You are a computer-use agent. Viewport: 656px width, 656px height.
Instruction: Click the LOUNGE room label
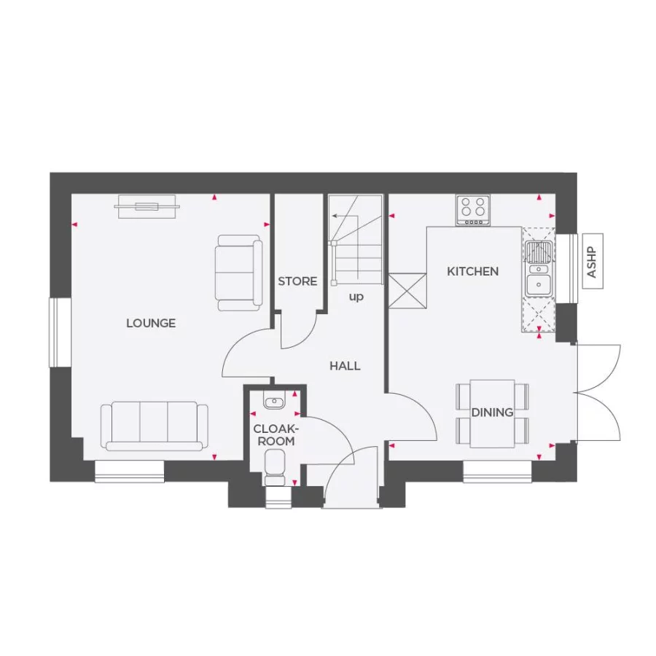point(151,323)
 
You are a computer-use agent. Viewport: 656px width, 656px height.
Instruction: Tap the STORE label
point(297,281)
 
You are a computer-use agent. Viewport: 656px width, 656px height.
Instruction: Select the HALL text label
point(345,366)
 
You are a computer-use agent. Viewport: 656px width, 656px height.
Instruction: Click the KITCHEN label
point(472,271)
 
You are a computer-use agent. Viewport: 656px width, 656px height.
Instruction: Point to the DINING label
point(492,413)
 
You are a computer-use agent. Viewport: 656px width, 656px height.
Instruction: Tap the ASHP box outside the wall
point(591,262)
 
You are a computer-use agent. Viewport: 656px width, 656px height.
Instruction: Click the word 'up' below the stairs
point(356,297)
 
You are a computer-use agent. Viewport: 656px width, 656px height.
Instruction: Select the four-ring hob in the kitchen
point(473,210)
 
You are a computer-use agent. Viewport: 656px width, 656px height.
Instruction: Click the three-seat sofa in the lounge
point(154,426)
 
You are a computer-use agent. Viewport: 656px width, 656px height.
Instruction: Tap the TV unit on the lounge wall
point(147,206)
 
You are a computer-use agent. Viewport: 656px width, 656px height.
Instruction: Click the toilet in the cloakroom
point(276,467)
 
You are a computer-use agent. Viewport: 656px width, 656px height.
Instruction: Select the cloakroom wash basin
point(275,402)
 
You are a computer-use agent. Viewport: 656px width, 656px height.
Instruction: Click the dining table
point(492,413)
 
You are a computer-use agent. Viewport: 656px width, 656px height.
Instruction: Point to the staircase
point(356,241)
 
